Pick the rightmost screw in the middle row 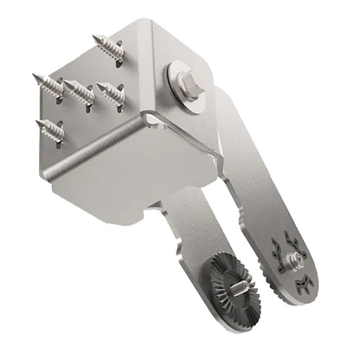111,92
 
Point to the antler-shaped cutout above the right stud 288,241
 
